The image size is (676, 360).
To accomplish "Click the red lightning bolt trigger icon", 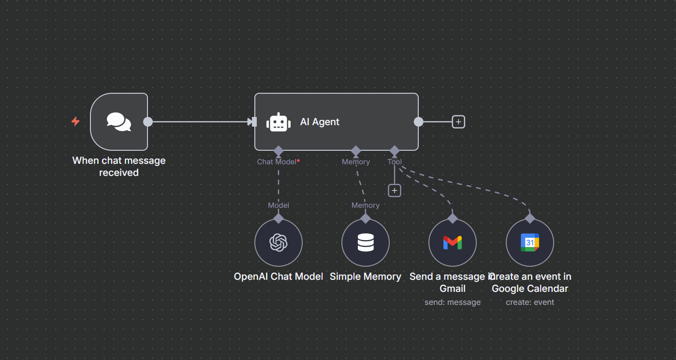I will coord(75,122).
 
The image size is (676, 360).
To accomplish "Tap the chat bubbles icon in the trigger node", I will coord(119,122).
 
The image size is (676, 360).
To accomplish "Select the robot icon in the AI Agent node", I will coord(279,122).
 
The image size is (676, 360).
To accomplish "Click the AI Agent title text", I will coord(320,122).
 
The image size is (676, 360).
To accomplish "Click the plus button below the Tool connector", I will coord(395,191).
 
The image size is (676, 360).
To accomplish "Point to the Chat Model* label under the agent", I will coord(278,162).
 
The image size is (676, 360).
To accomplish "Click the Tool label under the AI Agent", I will coord(395,162).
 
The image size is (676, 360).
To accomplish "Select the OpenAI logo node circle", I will coord(279,243).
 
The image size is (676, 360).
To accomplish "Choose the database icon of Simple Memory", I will coord(366,243).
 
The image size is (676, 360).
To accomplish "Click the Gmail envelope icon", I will coord(453,243).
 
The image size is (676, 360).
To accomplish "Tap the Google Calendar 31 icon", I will coord(530,243).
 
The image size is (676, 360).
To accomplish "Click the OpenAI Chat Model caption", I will coord(279,277).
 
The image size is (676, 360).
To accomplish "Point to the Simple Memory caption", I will coord(366,277).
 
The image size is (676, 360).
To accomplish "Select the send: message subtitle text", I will coord(453,302).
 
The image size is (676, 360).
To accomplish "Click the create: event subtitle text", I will coord(530,302).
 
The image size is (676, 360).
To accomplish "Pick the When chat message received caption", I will coord(119,167).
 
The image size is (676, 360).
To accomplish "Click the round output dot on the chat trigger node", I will coord(148,122).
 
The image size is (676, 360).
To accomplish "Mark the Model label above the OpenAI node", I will coord(279,205).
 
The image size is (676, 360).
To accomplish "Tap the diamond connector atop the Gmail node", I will coord(453,218).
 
